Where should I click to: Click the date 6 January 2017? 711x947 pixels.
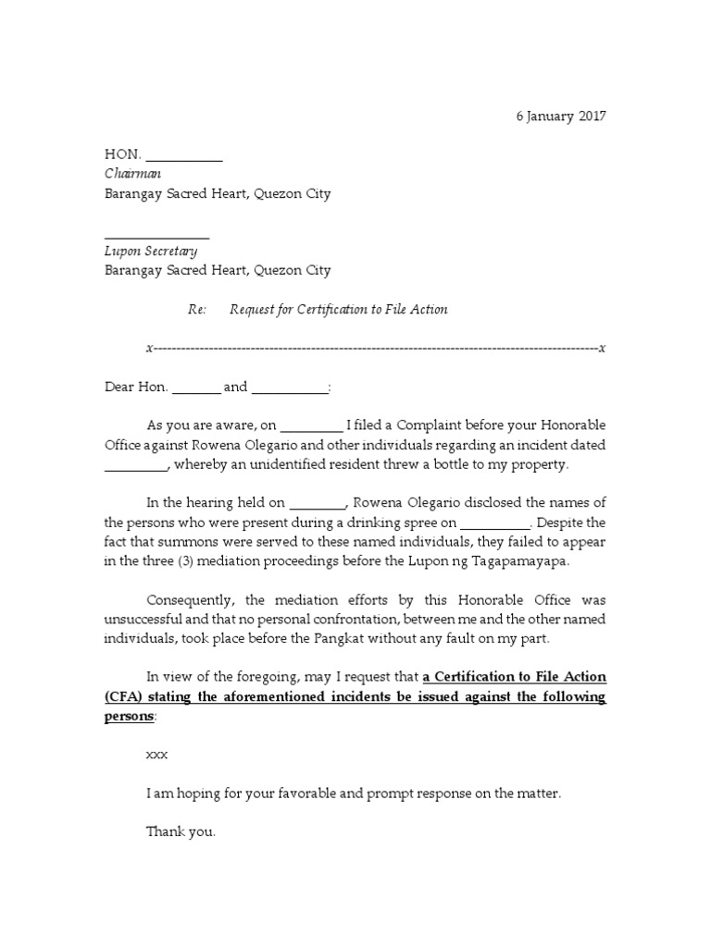point(560,117)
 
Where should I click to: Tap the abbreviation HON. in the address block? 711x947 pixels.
point(121,155)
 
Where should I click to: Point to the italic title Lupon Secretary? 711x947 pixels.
point(150,251)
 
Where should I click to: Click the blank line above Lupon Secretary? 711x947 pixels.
point(156,237)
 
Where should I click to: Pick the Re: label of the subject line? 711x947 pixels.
point(196,309)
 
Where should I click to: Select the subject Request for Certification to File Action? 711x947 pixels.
point(338,309)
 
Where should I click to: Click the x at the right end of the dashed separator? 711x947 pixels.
point(602,349)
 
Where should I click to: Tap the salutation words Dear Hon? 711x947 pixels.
point(136,387)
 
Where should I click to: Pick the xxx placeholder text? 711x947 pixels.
point(157,755)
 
